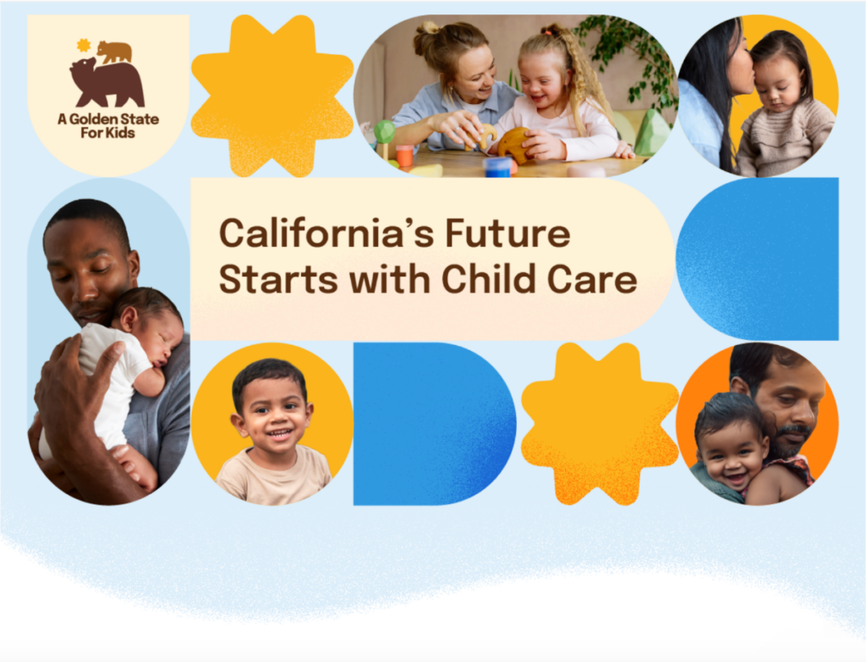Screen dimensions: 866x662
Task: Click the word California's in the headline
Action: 326,233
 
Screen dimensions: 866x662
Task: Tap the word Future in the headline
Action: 507,233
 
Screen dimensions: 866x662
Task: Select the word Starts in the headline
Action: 278,279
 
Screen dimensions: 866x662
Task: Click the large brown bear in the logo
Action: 107,83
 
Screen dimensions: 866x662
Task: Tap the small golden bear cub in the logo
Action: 114,52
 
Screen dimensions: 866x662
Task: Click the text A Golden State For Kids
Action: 108,126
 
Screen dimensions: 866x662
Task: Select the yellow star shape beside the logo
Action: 272,96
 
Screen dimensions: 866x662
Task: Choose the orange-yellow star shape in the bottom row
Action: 600,424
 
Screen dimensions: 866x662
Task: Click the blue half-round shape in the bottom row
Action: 435,424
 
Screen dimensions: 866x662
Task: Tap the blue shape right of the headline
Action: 758,259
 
